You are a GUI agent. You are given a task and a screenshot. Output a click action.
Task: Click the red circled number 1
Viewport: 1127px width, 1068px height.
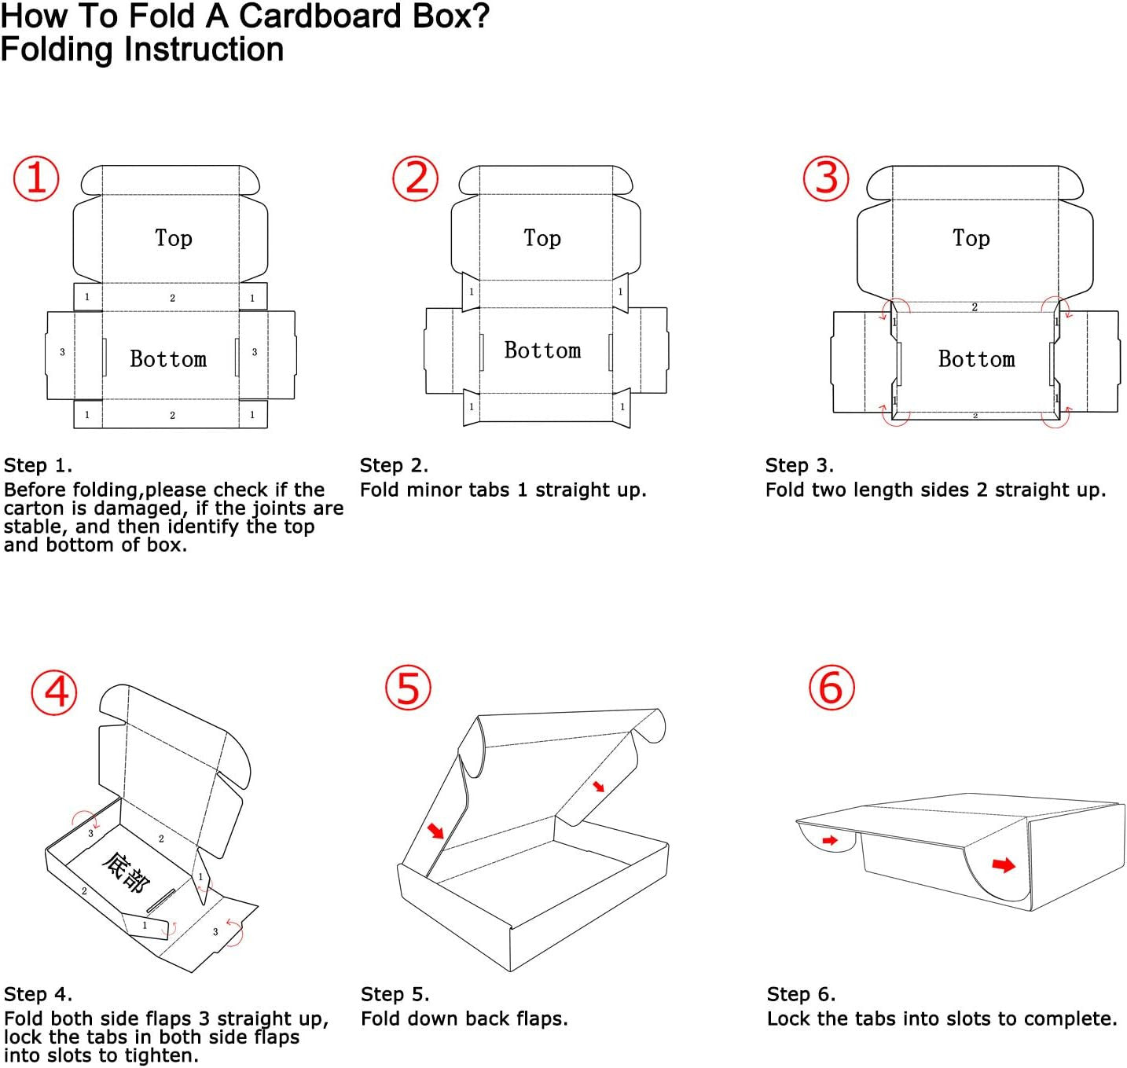point(36,179)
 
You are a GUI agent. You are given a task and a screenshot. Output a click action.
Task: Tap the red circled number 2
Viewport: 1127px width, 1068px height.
point(416,178)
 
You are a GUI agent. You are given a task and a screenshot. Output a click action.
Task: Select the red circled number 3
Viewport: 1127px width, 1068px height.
point(826,178)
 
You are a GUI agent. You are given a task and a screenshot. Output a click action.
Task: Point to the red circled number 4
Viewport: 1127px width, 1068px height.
point(54,692)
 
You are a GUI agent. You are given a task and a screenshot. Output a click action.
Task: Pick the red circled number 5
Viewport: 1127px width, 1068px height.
point(409,688)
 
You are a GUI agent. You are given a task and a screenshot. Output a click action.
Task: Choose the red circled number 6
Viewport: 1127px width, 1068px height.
point(831,688)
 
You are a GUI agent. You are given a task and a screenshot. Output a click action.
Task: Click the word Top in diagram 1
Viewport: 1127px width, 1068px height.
point(173,237)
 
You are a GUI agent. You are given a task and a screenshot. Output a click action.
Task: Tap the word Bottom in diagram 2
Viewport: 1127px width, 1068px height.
point(542,350)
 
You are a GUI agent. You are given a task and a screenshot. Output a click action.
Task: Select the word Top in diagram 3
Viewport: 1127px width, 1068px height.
point(971,237)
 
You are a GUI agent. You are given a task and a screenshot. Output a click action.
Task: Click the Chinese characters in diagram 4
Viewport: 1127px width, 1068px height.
point(126,872)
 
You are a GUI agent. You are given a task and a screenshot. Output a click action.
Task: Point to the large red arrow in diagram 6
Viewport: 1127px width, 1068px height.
point(1004,865)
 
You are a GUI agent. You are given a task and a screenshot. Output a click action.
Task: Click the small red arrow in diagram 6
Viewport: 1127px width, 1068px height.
point(829,841)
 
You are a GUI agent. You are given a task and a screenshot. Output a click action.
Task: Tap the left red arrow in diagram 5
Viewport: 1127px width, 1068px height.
point(435,830)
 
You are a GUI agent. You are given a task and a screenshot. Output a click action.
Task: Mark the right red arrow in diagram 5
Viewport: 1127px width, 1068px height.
point(599,786)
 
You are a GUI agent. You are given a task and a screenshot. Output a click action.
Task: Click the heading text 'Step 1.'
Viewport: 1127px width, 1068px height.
point(38,465)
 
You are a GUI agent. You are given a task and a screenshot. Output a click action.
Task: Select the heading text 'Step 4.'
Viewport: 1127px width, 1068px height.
point(38,994)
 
